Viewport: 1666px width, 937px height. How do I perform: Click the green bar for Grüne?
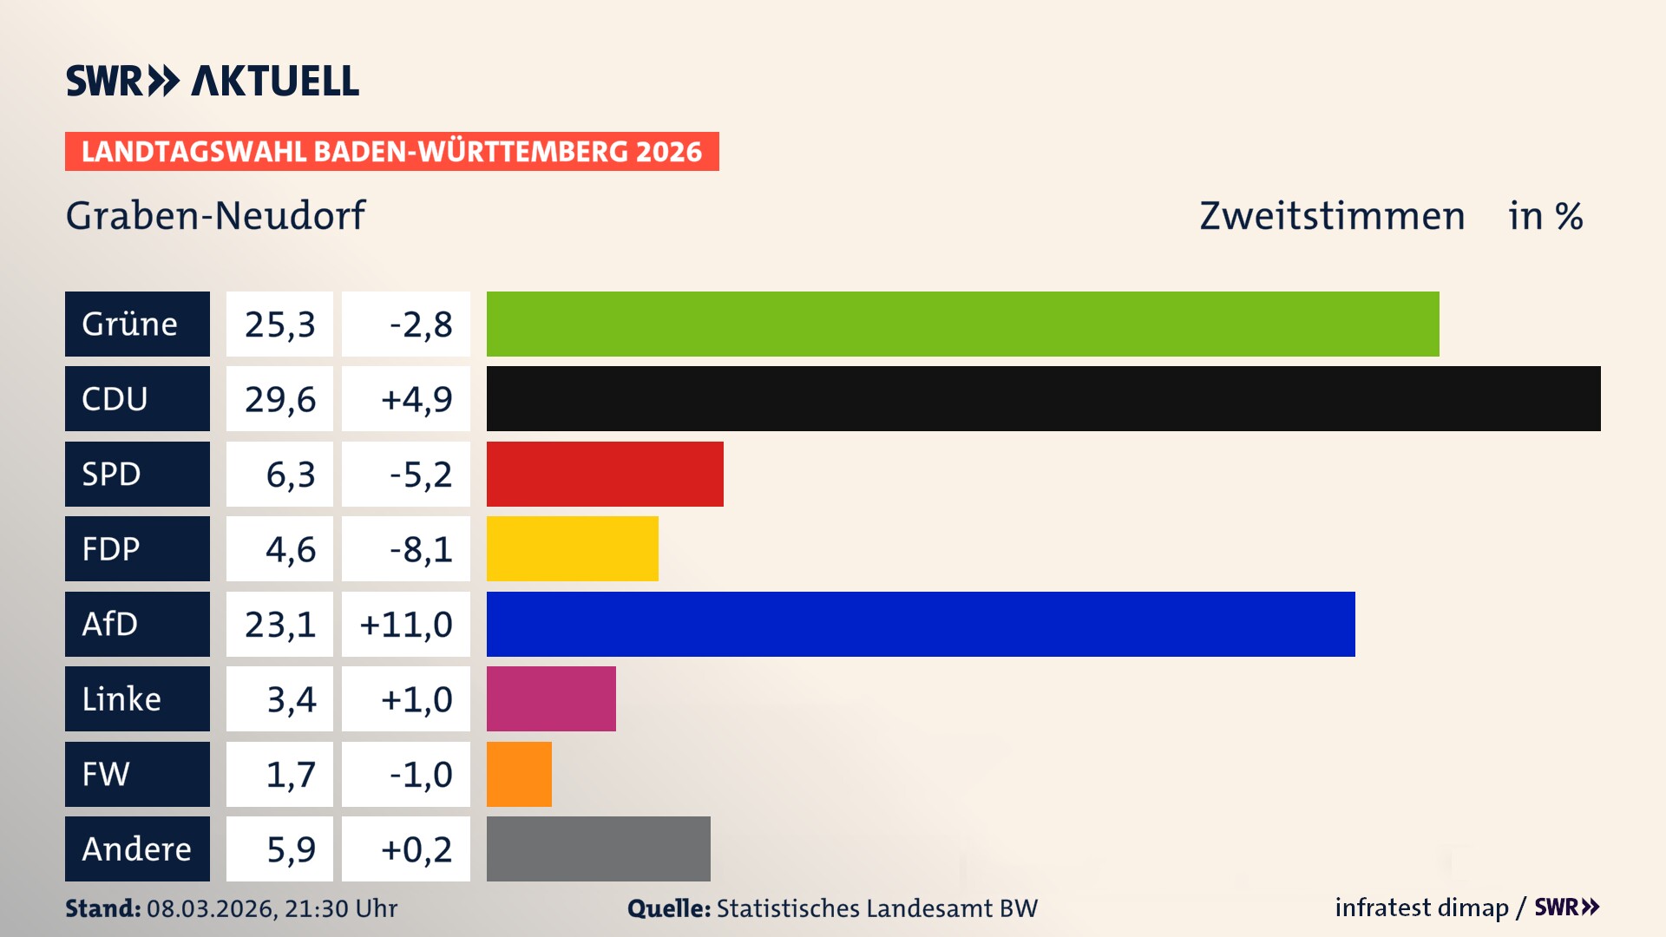tap(962, 324)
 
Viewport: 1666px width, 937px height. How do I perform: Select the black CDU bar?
tap(1043, 398)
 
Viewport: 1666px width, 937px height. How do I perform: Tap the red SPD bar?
tap(605, 474)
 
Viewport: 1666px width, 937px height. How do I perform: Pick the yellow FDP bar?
tap(572, 548)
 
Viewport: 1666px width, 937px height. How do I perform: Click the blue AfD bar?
tap(921, 624)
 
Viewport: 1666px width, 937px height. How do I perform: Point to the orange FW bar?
tap(519, 774)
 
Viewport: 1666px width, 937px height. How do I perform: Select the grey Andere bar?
tap(598, 849)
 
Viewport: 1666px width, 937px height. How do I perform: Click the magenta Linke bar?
tap(551, 698)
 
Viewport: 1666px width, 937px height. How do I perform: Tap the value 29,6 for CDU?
tap(279, 399)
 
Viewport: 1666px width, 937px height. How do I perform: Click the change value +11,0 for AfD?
tap(406, 625)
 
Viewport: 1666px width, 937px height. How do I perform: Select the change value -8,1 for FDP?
tap(421, 549)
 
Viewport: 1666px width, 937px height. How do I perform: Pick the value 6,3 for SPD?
tap(290, 475)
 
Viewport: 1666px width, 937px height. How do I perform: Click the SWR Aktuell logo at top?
tap(212, 81)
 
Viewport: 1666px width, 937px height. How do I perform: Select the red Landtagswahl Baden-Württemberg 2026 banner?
tap(391, 151)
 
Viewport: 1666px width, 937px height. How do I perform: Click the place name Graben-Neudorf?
tap(215, 215)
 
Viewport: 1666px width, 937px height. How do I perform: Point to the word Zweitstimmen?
tap(1332, 216)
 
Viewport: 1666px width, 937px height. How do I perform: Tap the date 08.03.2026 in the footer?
tap(210, 908)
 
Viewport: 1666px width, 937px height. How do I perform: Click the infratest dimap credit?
tap(1421, 908)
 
